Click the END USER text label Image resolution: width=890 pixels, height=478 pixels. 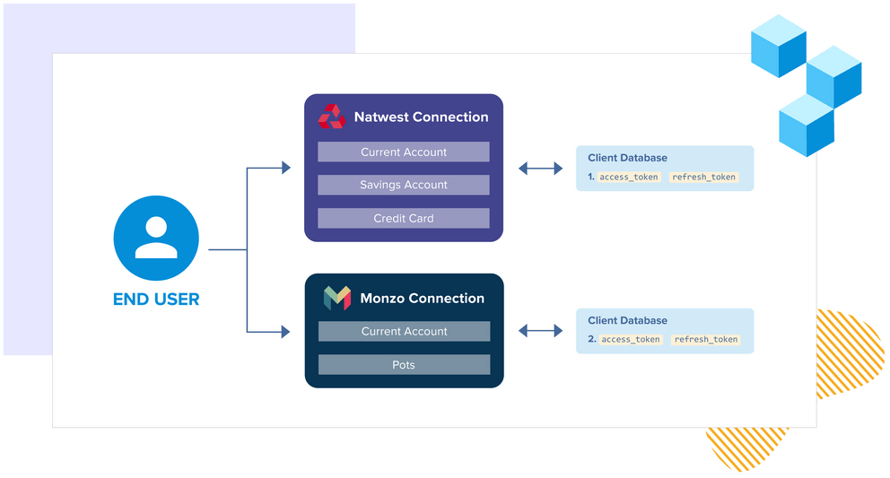click(156, 299)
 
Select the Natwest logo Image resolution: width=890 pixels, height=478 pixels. click(332, 117)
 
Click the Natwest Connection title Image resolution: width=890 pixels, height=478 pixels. click(421, 117)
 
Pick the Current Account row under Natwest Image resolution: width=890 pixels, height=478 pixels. click(404, 152)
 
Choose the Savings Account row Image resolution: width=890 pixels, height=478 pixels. click(404, 185)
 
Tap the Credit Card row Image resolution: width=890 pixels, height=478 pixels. click(404, 218)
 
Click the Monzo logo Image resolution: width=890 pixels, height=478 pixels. click(337, 299)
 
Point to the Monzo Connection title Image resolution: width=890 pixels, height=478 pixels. click(422, 299)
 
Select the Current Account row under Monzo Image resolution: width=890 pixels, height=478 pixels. click(404, 332)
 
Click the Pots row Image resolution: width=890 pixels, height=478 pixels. click(404, 365)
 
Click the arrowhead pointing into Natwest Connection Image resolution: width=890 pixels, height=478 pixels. click(286, 168)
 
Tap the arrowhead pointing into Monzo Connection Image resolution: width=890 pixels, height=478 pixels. click(286, 332)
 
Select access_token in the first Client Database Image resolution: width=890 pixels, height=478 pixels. click(630, 178)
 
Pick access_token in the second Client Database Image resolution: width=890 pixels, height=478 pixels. click(631, 340)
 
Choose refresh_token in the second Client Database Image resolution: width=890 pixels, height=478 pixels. click(706, 340)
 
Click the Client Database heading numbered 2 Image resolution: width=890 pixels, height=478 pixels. click(627, 320)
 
